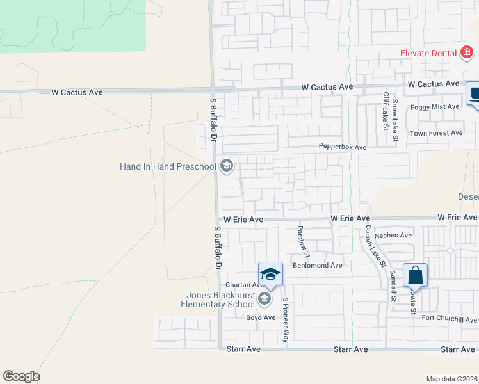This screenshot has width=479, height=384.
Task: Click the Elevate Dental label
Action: (428, 53)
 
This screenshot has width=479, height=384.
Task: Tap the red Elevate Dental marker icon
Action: (467, 53)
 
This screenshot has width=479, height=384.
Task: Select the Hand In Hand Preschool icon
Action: (225, 166)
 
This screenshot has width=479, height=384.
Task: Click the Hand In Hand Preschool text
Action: (168, 167)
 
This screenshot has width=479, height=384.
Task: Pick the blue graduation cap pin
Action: (271, 274)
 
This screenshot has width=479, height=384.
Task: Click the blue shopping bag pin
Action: (416, 276)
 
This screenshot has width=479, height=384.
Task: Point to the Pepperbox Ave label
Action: (343, 147)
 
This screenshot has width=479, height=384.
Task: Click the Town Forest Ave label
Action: (436, 133)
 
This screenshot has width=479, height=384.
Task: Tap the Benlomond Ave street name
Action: (318, 265)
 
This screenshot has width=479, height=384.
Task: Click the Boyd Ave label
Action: (261, 317)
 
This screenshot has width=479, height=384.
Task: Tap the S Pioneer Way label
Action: (286, 319)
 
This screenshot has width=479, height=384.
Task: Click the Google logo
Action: (21, 376)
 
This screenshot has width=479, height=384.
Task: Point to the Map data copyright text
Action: (452, 379)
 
